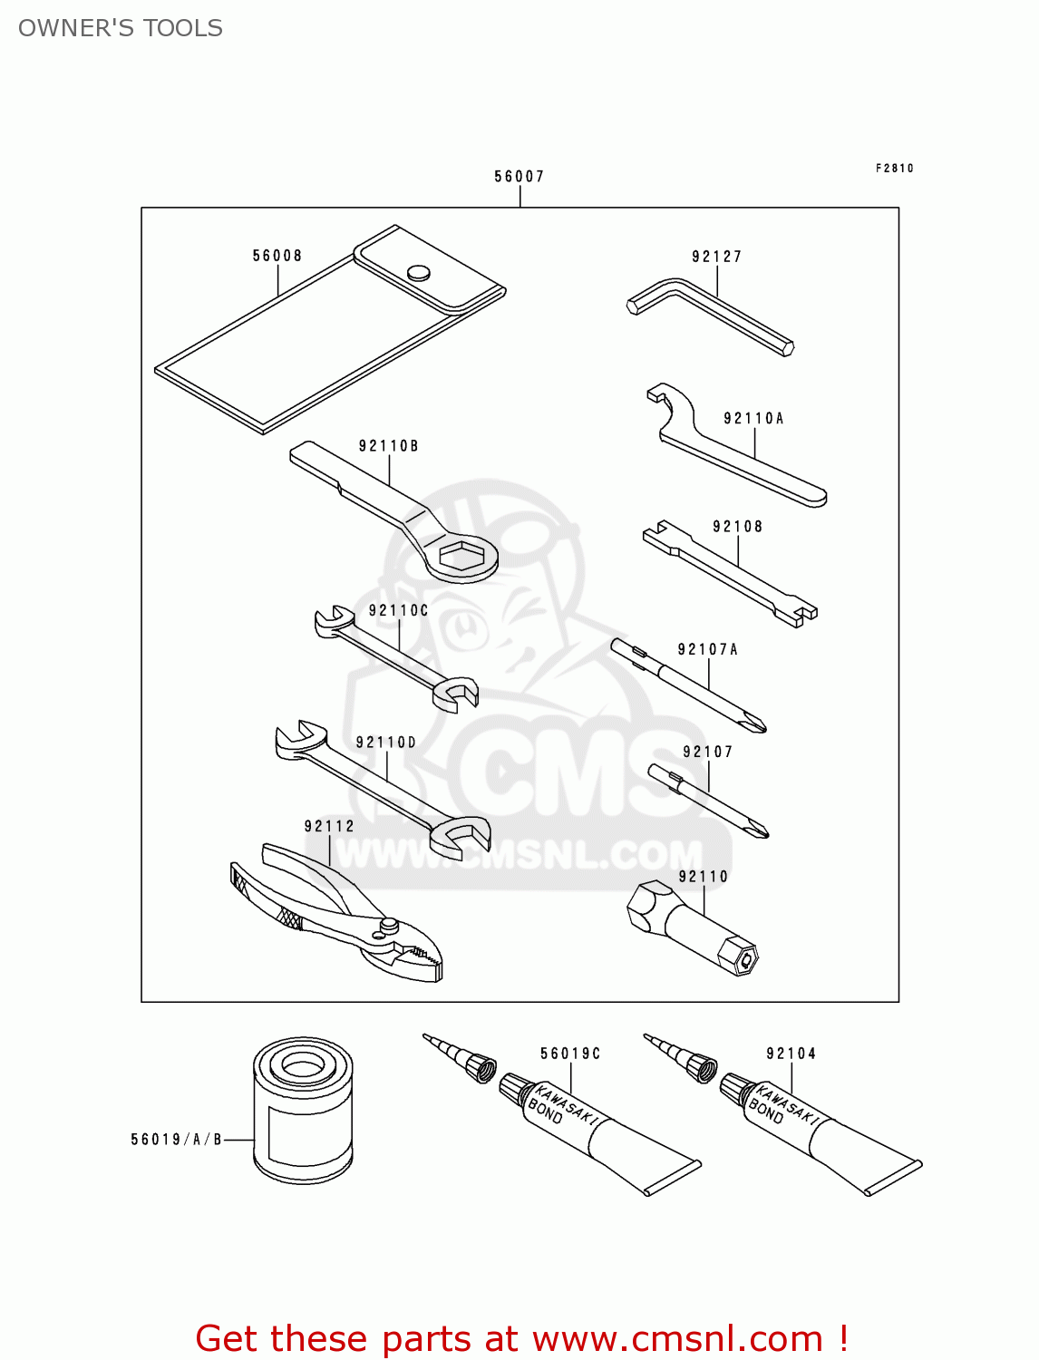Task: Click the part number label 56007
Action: [519, 177]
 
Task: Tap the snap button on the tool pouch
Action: [419, 272]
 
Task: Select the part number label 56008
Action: [277, 256]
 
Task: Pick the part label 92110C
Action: [398, 610]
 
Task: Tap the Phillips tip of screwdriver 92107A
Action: [754, 722]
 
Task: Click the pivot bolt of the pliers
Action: [389, 925]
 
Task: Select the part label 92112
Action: [329, 826]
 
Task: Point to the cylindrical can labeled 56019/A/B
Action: [302, 1111]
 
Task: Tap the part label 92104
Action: [791, 1053]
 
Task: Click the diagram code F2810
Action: [894, 168]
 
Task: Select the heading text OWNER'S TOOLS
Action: [120, 28]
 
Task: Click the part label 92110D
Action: [385, 743]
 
